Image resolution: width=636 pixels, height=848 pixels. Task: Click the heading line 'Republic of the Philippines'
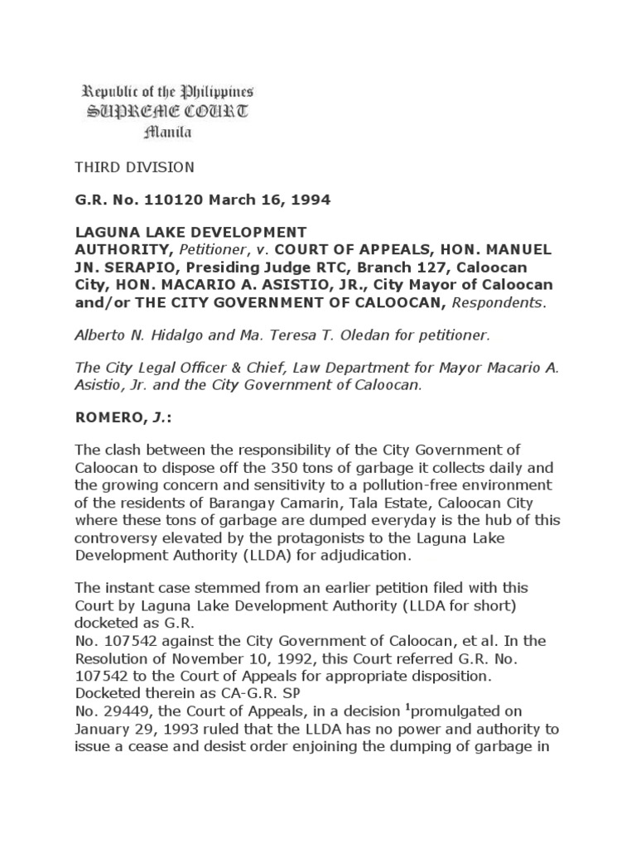[166, 92]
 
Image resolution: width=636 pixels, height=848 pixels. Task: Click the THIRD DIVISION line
[135, 167]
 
